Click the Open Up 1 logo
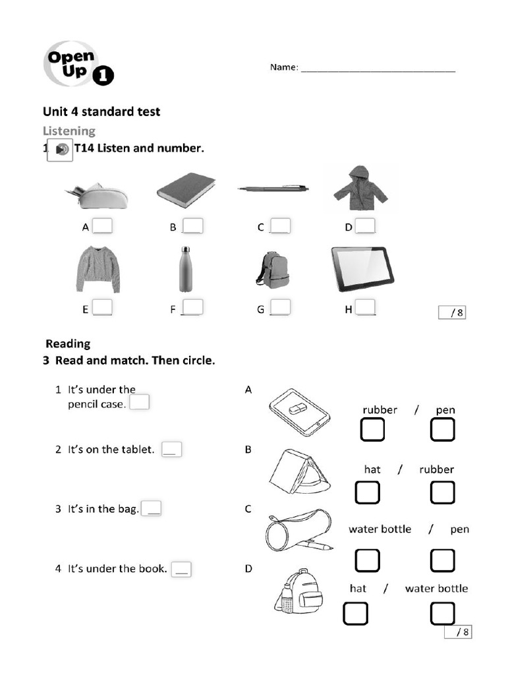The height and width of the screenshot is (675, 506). [x=78, y=63]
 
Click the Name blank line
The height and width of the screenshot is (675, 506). [x=378, y=70]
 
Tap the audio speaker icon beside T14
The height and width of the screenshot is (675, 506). [x=60, y=150]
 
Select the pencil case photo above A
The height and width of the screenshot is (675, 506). [x=97, y=196]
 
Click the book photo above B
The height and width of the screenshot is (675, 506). [x=186, y=190]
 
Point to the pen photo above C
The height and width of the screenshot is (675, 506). [x=273, y=189]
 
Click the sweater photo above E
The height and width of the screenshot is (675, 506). [x=98, y=268]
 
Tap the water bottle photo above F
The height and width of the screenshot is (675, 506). [x=186, y=269]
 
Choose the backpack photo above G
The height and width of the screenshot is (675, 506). [x=273, y=270]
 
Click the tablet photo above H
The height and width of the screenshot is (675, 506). [x=362, y=268]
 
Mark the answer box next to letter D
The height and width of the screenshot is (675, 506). [x=366, y=226]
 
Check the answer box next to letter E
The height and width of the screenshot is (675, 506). [x=102, y=308]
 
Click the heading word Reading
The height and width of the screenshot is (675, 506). [x=68, y=343]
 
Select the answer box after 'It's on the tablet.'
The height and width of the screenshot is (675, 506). [x=171, y=450]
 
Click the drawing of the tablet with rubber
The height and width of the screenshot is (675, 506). [x=298, y=411]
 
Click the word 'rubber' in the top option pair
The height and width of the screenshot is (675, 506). [x=379, y=410]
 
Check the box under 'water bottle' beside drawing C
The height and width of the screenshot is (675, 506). [x=368, y=560]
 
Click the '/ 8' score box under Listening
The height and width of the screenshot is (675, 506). [x=452, y=312]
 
